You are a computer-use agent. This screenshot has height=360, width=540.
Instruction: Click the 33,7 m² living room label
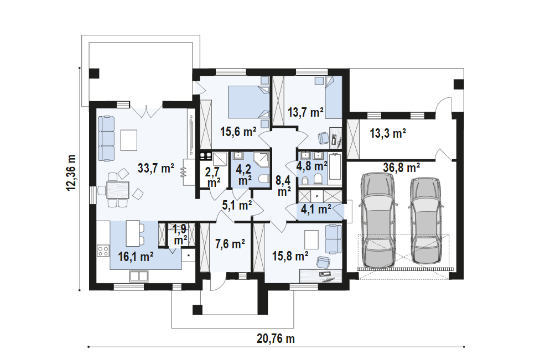(155, 168)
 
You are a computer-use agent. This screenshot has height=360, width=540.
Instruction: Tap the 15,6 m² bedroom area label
(238, 132)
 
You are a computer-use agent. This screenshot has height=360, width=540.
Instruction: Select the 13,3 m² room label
(388, 133)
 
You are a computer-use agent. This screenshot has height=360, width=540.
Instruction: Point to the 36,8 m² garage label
(402, 168)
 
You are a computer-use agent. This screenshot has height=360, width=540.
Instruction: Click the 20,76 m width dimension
(276, 338)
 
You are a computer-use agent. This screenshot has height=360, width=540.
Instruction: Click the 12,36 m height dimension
(71, 173)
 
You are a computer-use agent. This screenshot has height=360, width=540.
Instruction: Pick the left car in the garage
(378, 220)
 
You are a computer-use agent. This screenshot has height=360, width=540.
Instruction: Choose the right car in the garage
(425, 221)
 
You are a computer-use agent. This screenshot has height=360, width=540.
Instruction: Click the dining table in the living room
(118, 190)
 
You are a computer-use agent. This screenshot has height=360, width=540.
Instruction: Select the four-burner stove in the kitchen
(103, 251)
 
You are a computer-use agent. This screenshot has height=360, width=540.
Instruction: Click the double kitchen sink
(139, 276)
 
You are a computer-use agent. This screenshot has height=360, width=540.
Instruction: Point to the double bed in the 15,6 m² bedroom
(248, 102)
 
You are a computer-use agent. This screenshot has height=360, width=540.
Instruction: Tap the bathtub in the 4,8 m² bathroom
(335, 167)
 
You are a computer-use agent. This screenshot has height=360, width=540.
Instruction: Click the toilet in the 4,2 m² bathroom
(264, 179)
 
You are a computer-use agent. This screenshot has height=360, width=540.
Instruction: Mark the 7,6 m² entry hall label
(230, 244)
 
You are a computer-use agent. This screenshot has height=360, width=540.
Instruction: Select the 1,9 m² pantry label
(180, 234)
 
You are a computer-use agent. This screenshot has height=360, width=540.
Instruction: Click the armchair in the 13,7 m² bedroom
(323, 138)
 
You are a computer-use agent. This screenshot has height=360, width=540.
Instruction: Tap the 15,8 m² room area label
(290, 256)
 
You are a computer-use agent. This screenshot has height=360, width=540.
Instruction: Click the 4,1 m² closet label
(316, 208)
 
